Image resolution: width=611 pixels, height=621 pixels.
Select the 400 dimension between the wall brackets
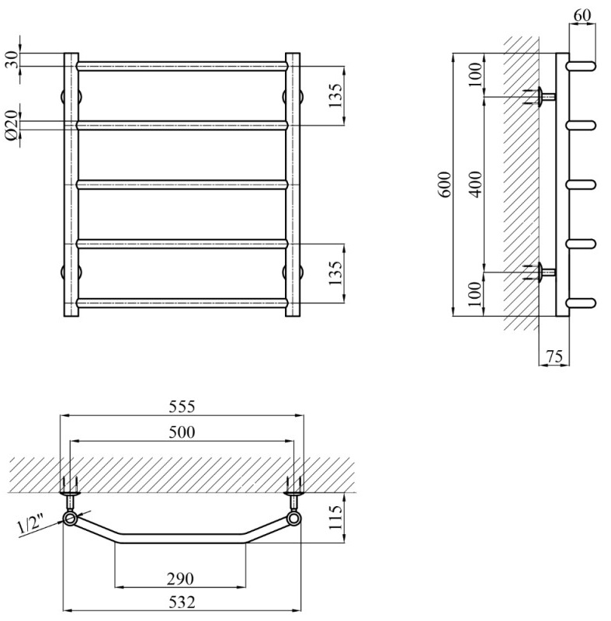coord(475,184)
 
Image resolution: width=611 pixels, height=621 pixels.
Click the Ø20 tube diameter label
coord(12,124)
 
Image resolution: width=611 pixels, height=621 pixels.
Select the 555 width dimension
coord(182,407)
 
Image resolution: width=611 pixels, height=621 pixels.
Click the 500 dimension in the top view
coord(182,432)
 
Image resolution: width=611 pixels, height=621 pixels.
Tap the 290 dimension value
coord(182,578)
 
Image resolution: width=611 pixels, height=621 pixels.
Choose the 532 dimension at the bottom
coord(182,602)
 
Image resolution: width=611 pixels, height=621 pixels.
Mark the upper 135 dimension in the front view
coord(335,95)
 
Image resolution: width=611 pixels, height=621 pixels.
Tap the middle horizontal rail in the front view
coord(182,184)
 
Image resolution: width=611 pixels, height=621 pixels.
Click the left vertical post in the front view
coord(71,185)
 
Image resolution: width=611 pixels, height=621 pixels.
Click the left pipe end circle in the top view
coord(71,519)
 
